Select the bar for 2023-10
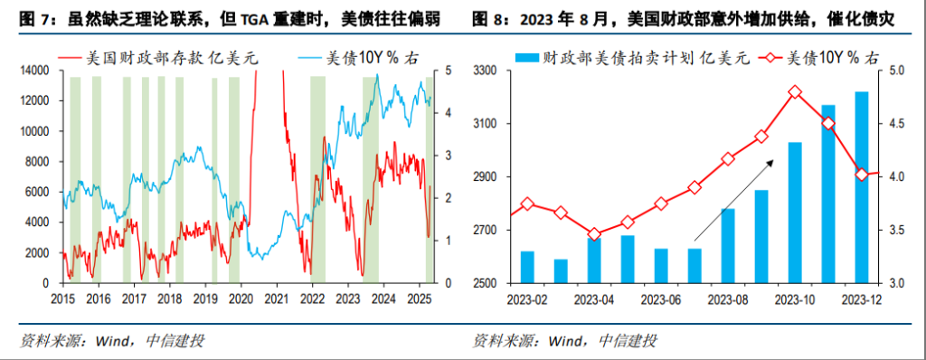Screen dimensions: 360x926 795,213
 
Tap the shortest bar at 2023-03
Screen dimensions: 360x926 561,271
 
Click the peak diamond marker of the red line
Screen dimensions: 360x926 795,92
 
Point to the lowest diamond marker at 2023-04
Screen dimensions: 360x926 594,234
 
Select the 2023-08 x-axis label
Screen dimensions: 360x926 727,298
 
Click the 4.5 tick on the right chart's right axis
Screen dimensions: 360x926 893,124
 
